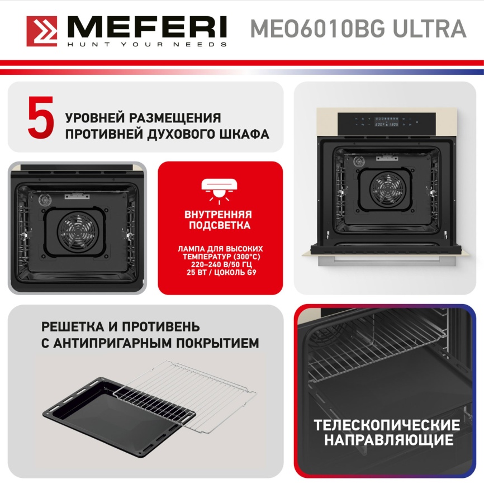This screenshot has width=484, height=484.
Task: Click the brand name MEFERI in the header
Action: click(x=147, y=27)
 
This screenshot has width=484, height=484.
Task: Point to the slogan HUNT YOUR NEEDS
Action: click(x=147, y=44)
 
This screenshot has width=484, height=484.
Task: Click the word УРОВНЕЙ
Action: click(x=95, y=118)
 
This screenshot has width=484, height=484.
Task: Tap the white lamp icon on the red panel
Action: click(x=220, y=187)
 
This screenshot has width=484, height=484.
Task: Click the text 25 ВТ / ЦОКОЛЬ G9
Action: click(x=220, y=273)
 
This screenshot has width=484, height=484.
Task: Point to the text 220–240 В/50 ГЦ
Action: click(x=220, y=264)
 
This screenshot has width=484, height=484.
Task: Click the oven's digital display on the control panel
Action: click(x=386, y=125)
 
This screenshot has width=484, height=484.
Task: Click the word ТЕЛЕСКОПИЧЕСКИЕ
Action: click(x=387, y=425)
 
